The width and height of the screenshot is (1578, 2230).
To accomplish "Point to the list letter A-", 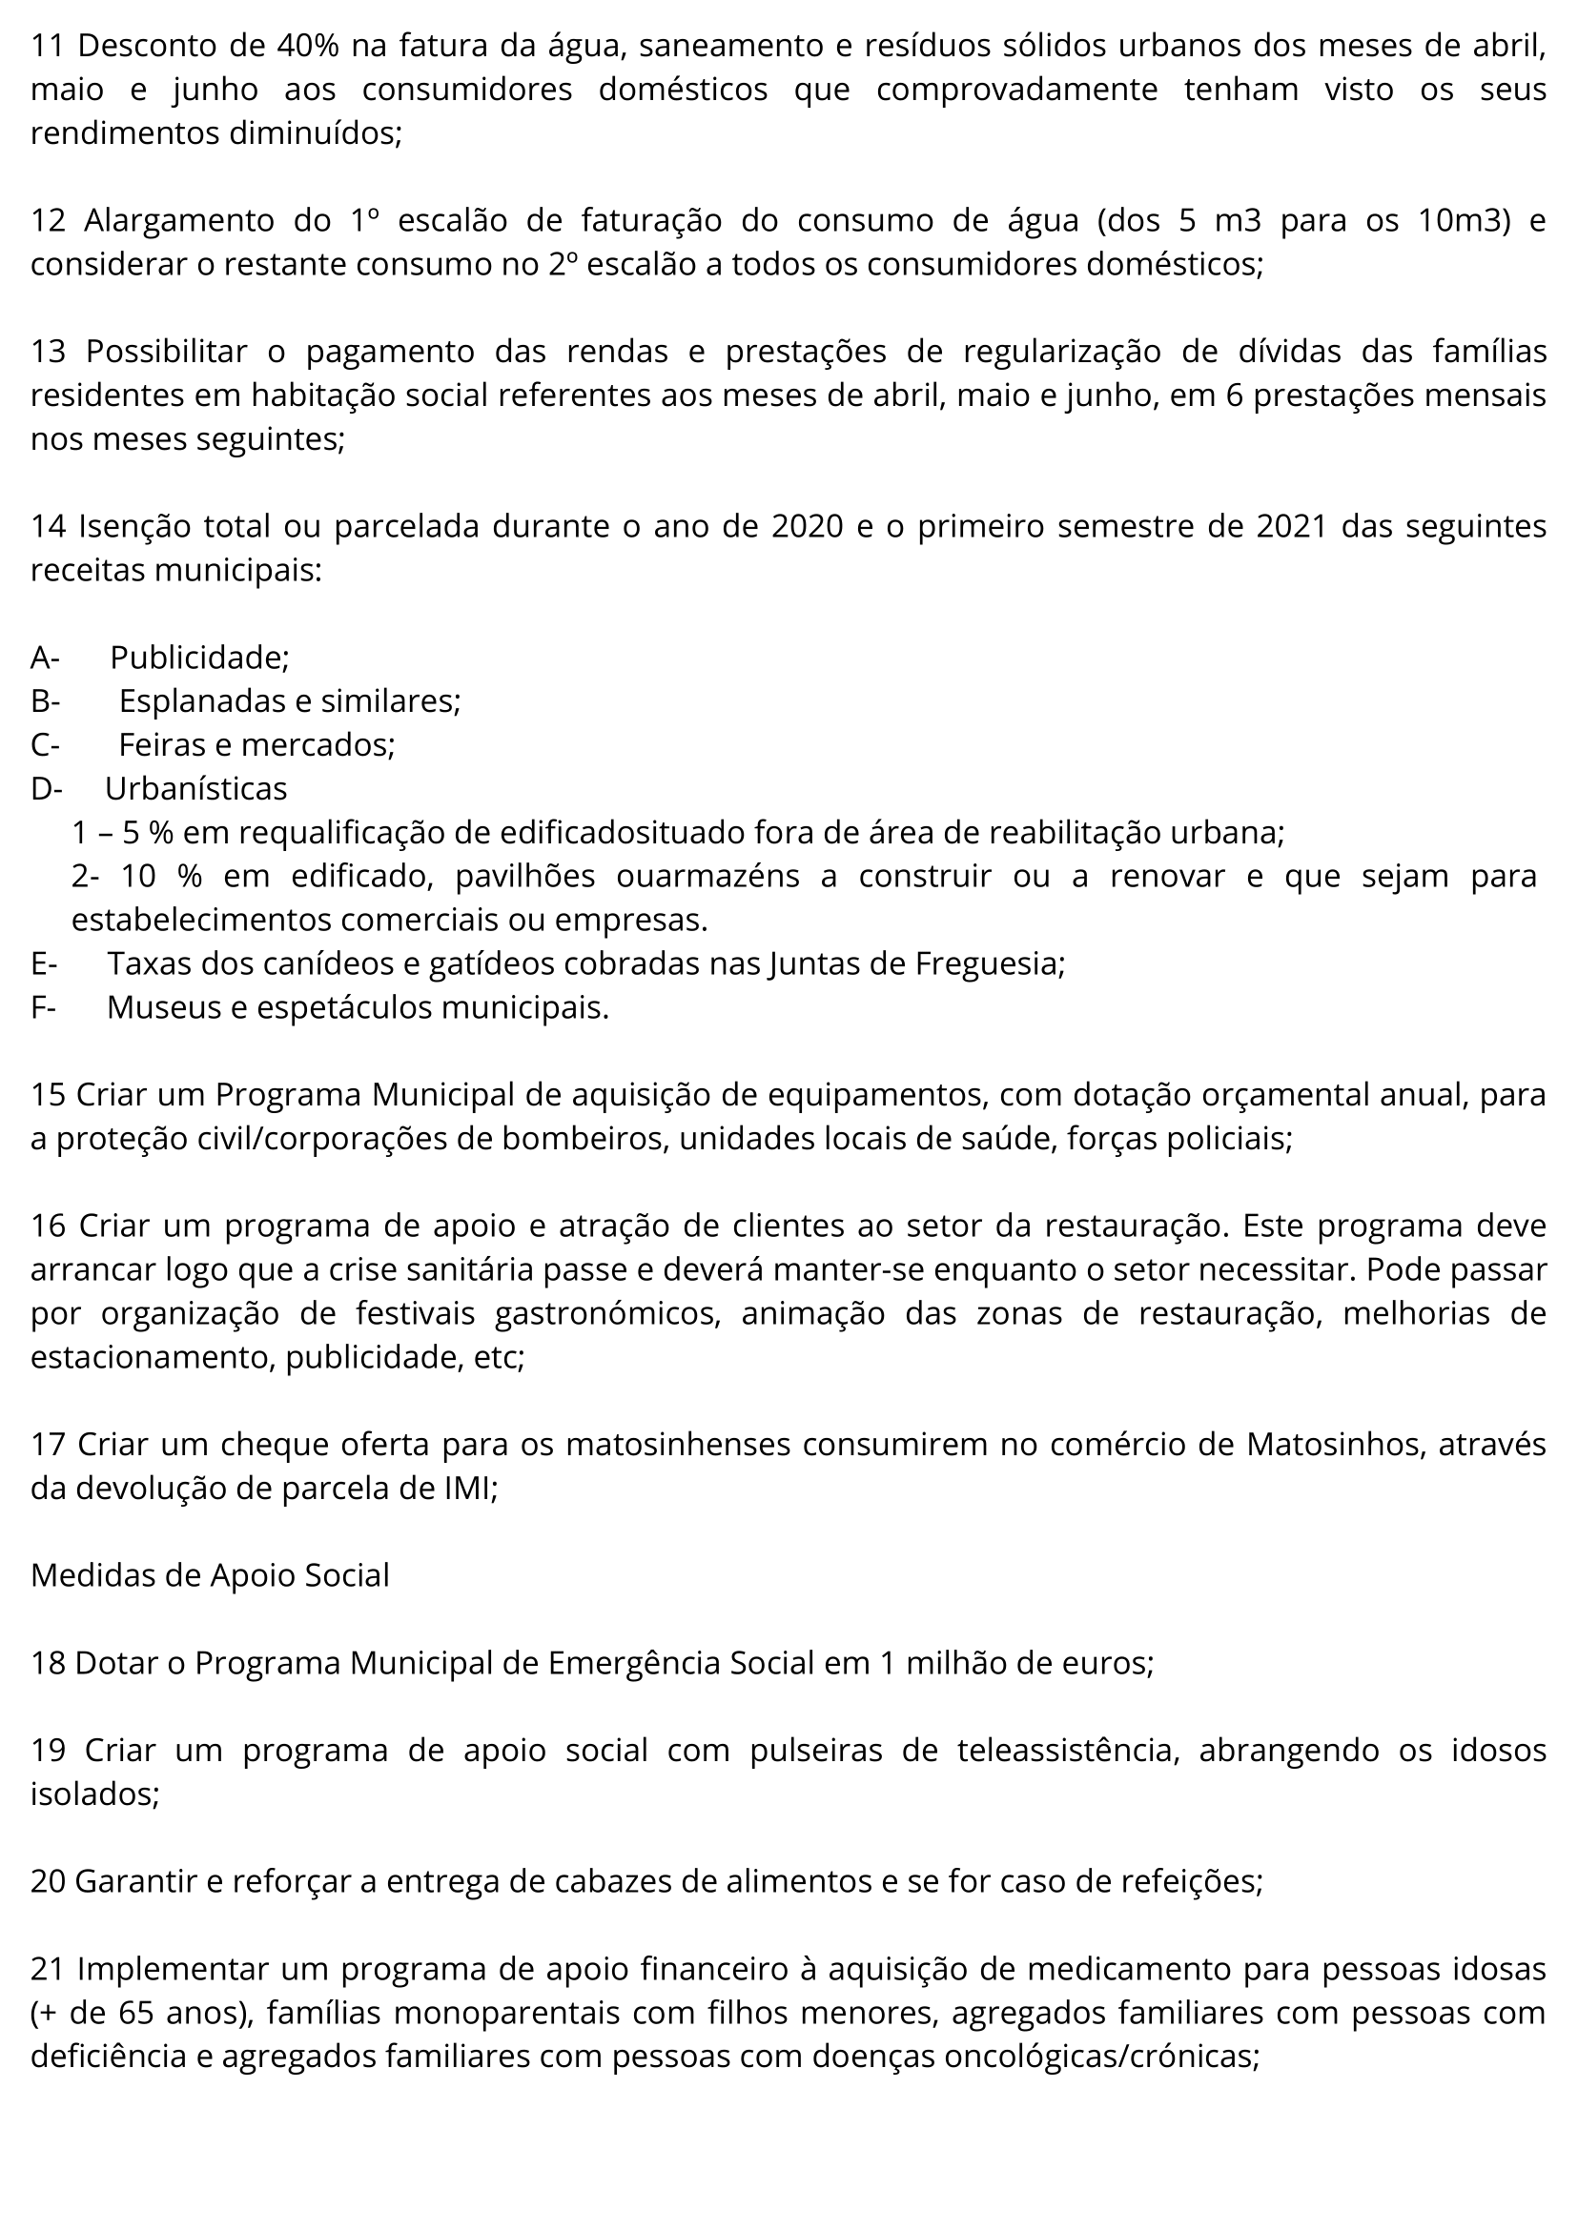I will (45, 658).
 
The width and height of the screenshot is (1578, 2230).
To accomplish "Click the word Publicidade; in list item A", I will (199, 658).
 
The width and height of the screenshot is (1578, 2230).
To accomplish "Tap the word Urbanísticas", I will (195, 789).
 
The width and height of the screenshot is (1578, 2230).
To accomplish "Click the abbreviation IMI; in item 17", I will (470, 1488).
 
